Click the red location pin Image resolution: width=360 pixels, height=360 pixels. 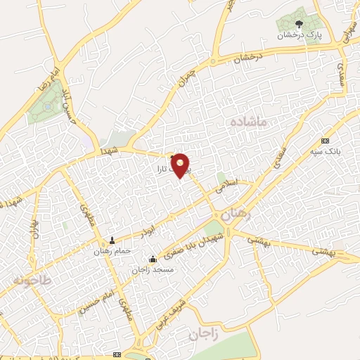181,165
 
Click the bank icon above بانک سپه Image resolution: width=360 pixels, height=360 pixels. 324,141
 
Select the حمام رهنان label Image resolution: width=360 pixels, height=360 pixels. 111,250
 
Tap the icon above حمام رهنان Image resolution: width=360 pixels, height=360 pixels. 112,240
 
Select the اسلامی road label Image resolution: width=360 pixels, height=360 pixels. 227,186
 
